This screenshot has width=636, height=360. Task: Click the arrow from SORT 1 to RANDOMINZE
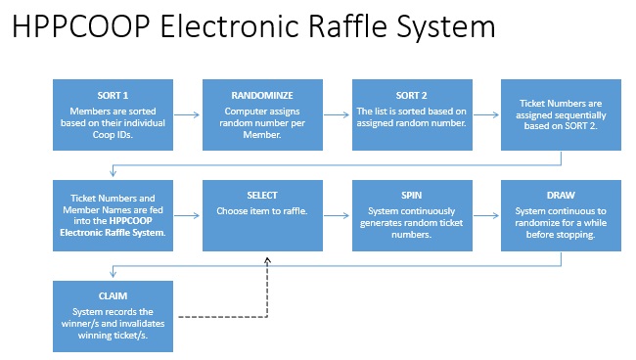(x=188, y=115)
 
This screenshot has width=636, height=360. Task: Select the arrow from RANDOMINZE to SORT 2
(x=339, y=115)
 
